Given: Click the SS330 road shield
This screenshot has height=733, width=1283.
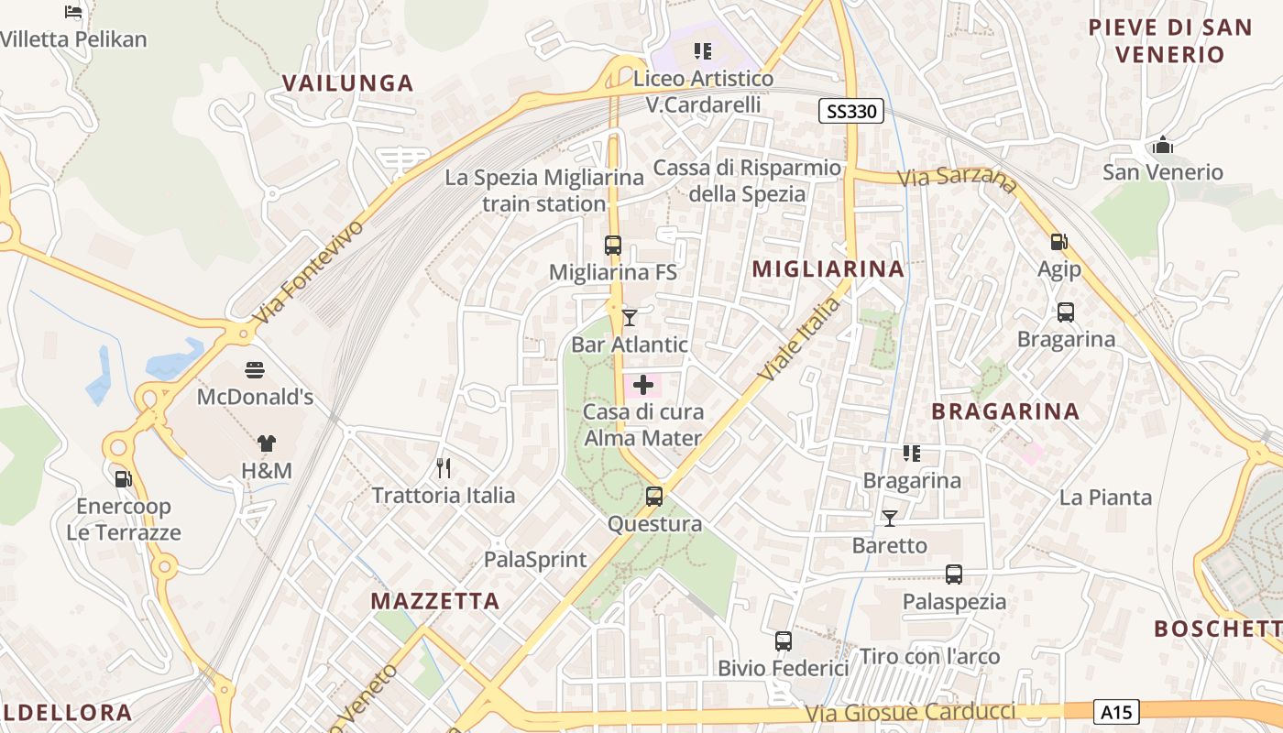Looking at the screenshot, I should [x=851, y=112].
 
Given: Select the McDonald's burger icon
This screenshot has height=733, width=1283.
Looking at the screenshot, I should [x=255, y=371].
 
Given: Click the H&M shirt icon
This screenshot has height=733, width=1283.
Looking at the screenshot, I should [x=266, y=443].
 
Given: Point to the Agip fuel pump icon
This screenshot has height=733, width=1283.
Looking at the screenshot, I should [x=1058, y=242].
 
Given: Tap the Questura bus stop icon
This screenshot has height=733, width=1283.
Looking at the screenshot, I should [x=653, y=497].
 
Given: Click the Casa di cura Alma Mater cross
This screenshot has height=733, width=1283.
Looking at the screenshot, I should [x=643, y=385].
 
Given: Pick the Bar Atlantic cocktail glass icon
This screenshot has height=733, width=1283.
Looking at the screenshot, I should [x=629, y=318].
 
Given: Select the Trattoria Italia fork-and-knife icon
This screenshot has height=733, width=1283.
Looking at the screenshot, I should [x=444, y=468].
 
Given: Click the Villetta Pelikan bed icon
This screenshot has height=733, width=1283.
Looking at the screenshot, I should [x=73, y=12].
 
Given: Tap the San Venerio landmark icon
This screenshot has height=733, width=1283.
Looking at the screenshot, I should [x=1162, y=145].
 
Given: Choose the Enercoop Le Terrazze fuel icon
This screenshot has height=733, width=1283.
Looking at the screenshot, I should [x=122, y=478].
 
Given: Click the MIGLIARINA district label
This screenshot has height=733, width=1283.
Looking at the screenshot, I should [x=828, y=268].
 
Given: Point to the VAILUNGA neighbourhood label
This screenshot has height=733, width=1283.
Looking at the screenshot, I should [x=347, y=83].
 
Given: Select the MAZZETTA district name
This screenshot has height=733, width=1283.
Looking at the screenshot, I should [x=435, y=601].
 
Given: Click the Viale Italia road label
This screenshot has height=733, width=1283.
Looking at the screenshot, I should [x=799, y=339].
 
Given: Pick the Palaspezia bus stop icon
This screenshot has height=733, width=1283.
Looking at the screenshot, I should [x=954, y=574].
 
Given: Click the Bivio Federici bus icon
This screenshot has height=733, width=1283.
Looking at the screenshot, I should [x=783, y=641].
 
